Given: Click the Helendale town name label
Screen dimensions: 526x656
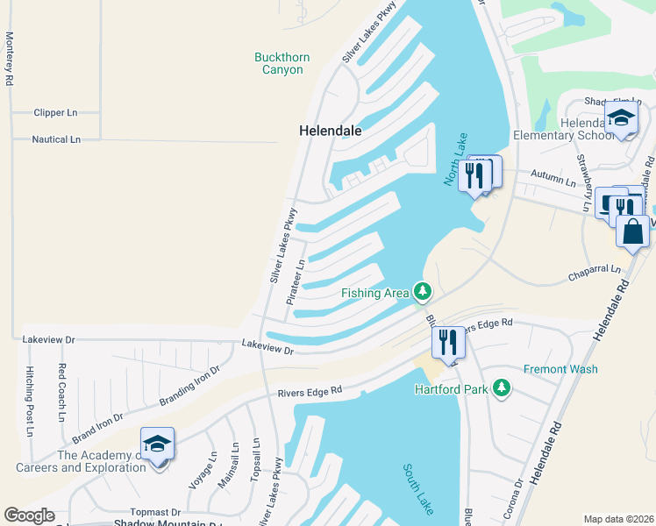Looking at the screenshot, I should tap(331, 130).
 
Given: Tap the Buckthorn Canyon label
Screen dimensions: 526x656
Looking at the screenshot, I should tap(282, 63).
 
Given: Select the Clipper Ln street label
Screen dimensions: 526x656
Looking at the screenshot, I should tap(55, 113).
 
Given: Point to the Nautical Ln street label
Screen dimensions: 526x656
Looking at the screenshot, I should tap(56, 139).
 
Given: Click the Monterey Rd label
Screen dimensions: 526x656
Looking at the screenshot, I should tap(10, 59).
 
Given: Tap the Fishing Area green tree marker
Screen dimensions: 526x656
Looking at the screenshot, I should tap(423, 290).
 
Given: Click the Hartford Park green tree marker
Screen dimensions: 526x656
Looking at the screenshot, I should tap(501, 387).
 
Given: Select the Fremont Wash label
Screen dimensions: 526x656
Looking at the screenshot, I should tap(560, 369).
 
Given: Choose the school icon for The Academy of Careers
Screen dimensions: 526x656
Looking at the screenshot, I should tap(158, 445).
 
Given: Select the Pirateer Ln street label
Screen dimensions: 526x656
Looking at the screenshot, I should tap(296, 281).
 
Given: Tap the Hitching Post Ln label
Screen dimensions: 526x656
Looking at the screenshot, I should tap(29, 401).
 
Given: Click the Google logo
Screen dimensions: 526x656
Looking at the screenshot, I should tap(30, 515).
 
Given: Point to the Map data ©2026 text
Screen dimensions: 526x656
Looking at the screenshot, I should tap(617, 519).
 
